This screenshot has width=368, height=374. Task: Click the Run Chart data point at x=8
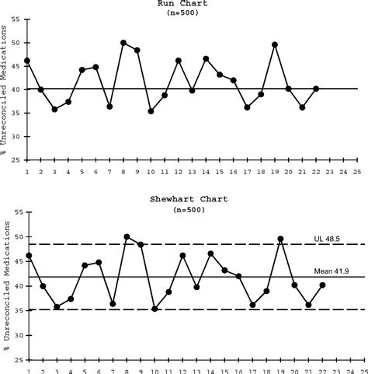[123, 43]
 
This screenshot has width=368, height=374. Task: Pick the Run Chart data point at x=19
[275, 45]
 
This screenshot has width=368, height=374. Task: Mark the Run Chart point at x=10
[151, 111]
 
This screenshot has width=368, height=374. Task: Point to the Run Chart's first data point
[27, 61]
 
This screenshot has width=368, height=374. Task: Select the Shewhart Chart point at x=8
[126, 236]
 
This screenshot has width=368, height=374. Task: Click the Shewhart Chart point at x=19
[280, 239]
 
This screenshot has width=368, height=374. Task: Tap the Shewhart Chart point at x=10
[154, 309]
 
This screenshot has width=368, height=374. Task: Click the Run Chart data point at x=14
[206, 58]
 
